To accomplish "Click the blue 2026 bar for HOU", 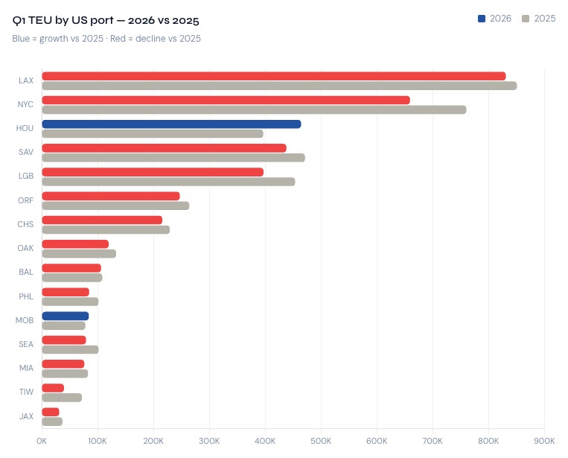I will coord(171,124).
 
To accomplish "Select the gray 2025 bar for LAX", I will coord(279,86).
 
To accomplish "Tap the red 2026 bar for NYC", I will coord(226,100).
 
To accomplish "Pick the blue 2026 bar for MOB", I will coord(66,316).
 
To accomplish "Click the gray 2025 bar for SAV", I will coord(173,157).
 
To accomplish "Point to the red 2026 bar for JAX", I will coord(51,412).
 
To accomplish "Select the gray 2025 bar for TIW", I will coord(62,397).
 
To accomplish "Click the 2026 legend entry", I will coord(494,19).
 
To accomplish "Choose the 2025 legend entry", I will coord(539,19).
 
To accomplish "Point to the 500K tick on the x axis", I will coord(321,440).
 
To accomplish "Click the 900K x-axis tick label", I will coord(544,440).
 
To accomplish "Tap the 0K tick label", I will coord(42,440).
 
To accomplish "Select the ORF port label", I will coord(25,200).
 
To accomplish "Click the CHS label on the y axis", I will coord(25,224).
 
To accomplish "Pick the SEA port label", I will coord(25,344).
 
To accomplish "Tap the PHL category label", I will coord(25,296).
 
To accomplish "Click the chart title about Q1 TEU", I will coord(106,20).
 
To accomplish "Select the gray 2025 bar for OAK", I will coord(79,253).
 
